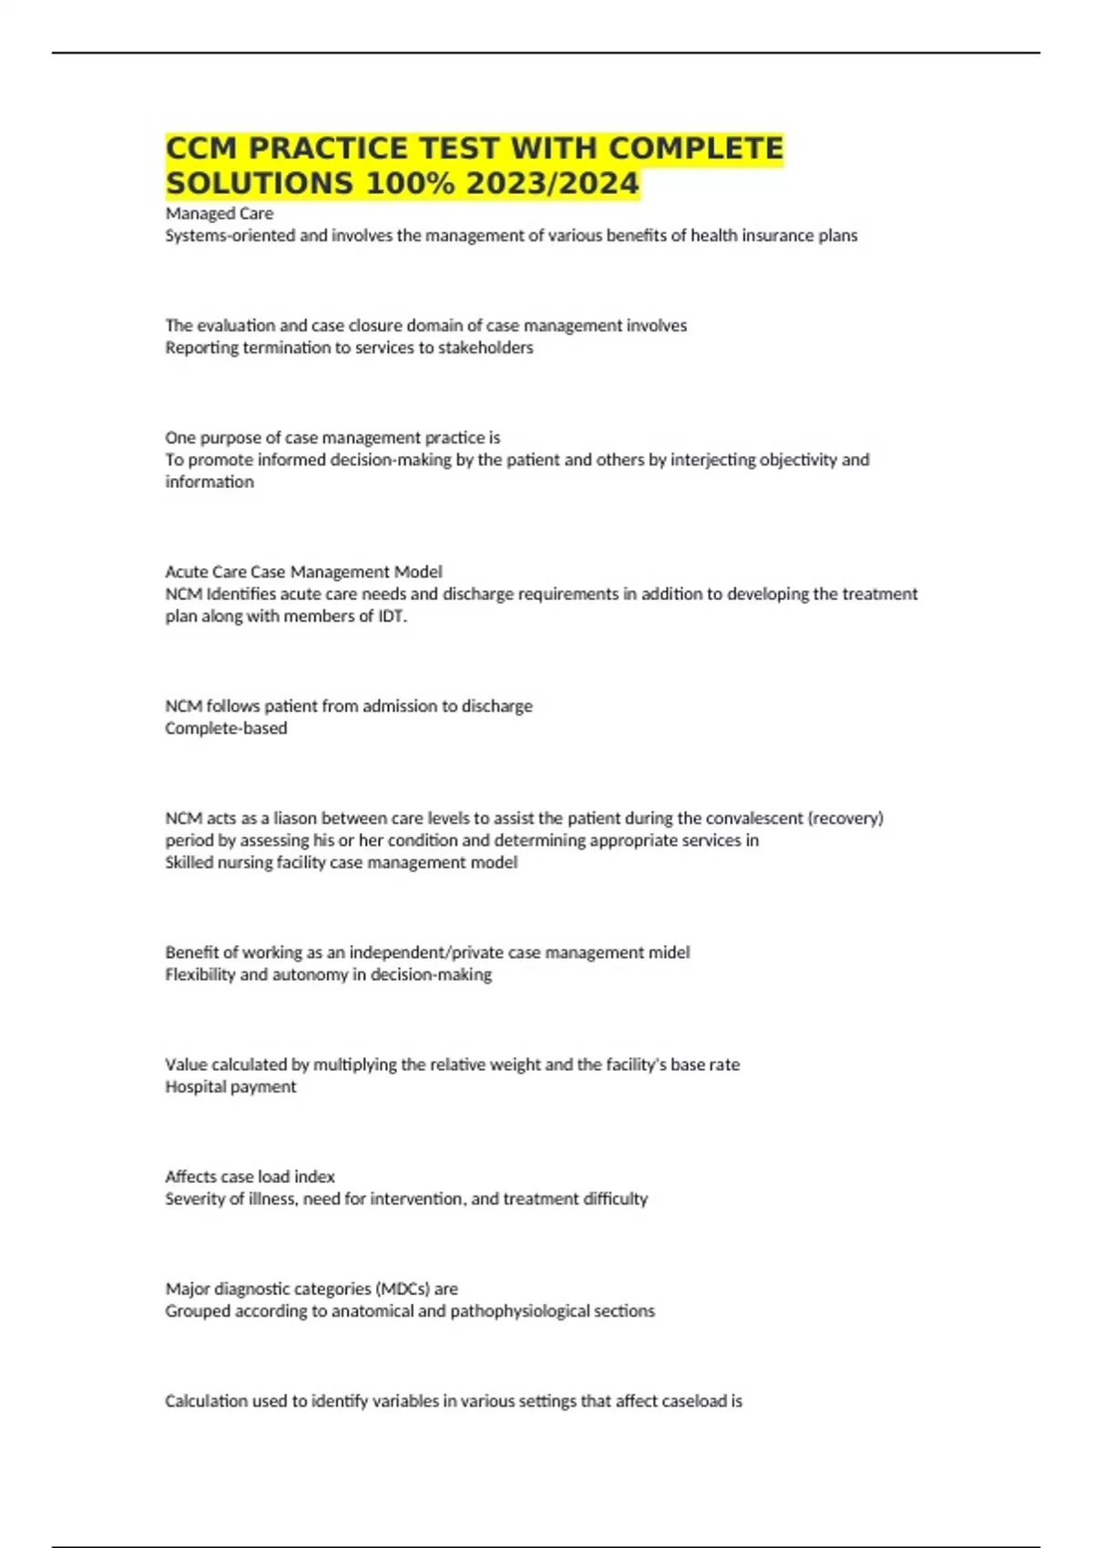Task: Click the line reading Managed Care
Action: [219, 213]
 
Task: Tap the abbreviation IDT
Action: [392, 616]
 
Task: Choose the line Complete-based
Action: [226, 728]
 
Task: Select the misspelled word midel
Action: [669, 952]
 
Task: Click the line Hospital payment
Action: [230, 1087]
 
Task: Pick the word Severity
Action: [194, 1199]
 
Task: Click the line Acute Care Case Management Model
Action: [303, 572]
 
